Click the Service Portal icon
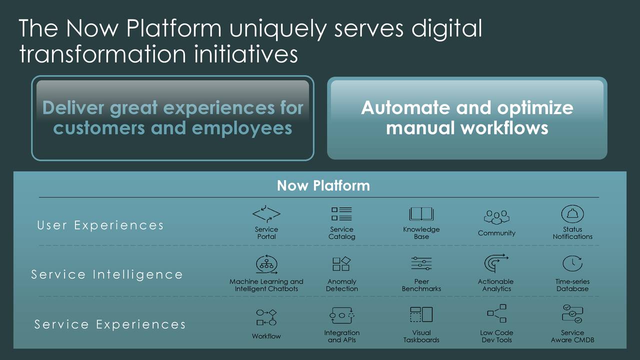pos(266,214)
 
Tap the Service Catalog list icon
pos(342,214)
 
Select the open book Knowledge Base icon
pos(421,214)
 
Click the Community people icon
pos(496,217)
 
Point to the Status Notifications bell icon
pos(572,214)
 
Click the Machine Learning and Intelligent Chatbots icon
pos(266,264)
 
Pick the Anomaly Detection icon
pos(342,264)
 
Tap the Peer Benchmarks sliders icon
pos(421,264)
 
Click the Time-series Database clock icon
pos(572,264)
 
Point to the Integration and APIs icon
pos(342,315)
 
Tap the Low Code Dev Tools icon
pos(496,314)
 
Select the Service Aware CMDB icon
pos(572,314)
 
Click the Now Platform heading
pos(323,186)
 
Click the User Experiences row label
pos(100,225)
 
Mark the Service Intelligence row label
pos(107,274)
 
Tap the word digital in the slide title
pos(446,29)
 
